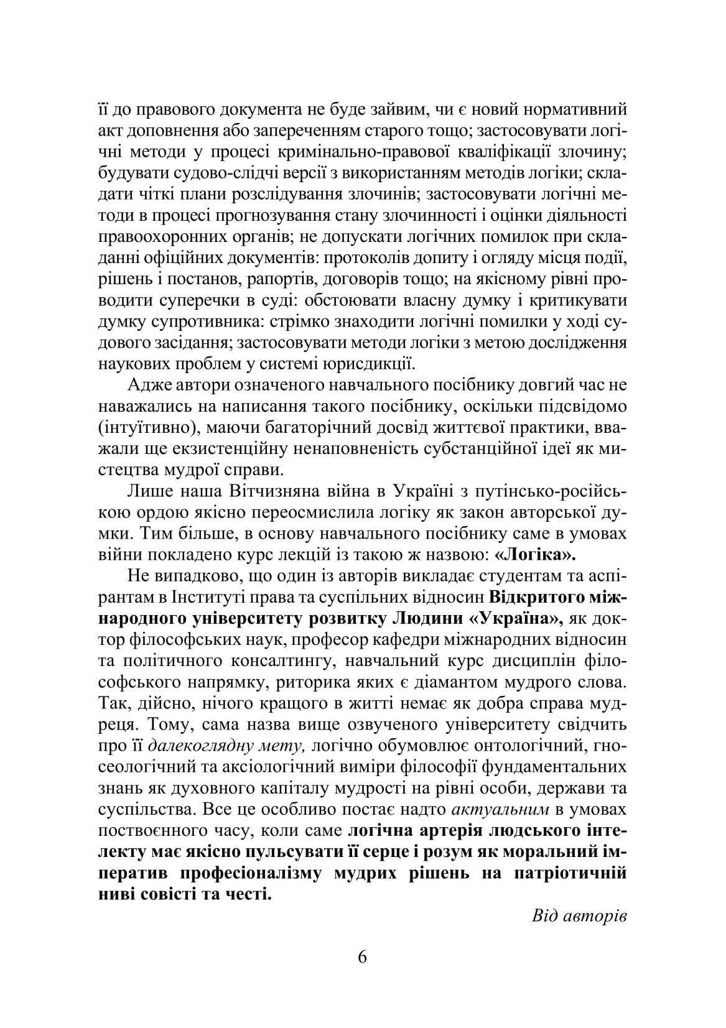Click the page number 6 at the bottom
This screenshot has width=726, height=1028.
coord(363,956)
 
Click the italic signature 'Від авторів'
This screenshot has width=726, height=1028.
coord(579,915)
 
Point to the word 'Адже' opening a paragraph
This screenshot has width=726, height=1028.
coord(147,385)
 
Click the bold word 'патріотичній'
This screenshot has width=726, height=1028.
coord(570,873)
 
